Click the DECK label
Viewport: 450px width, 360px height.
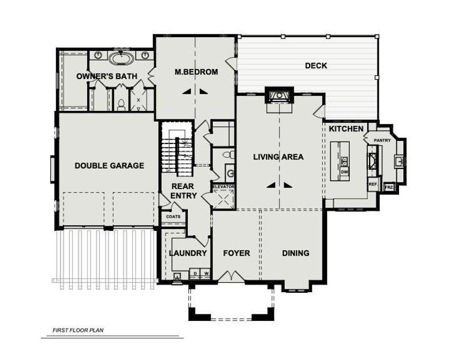coord(316,65)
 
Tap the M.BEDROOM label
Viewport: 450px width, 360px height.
coord(196,72)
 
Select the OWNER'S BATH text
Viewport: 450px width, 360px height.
coord(107,76)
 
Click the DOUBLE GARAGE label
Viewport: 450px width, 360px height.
coord(109,166)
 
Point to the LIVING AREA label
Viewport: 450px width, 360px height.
coord(278,157)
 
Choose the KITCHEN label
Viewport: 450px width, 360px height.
coord(346,129)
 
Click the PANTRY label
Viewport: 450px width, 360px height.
coord(382,140)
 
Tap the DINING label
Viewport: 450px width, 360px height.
coord(295,253)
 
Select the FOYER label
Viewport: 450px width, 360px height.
coord(236,253)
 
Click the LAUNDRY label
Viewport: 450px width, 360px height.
coord(187,253)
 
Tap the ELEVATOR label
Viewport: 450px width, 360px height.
coord(223,187)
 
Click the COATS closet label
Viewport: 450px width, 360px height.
coord(173,217)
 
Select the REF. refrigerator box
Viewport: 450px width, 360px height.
coord(373,185)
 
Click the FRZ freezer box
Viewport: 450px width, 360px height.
coord(389,187)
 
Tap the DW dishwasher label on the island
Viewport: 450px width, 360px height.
coord(344,172)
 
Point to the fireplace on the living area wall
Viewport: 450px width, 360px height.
coord(279,96)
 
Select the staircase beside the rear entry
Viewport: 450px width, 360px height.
coord(177,150)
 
